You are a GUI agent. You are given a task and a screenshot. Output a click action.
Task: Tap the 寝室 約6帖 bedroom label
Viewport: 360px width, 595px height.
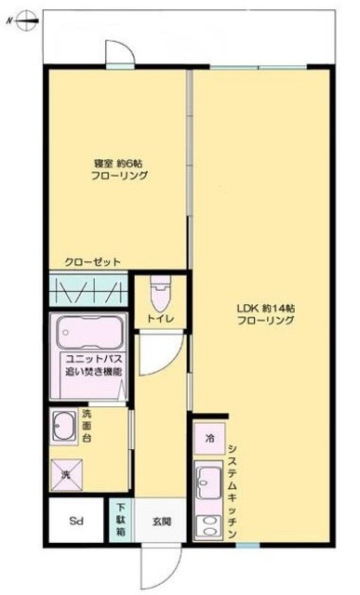[117, 169]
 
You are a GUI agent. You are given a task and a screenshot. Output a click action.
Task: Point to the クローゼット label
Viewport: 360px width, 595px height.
[87, 261]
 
